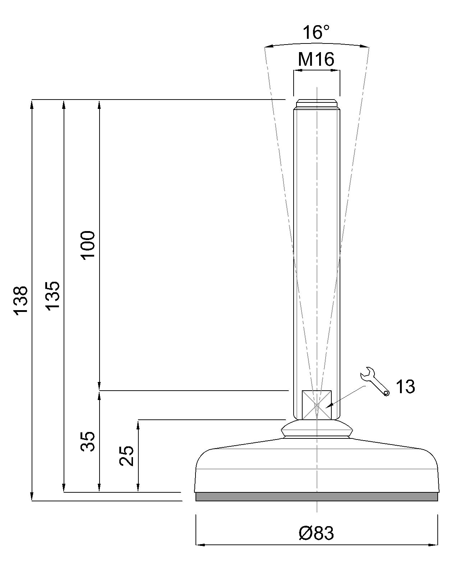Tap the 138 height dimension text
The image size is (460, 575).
tap(20, 301)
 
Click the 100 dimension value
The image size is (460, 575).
tap(88, 245)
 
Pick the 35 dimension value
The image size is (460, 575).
tap(88, 441)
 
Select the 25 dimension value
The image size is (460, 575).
tap(126, 456)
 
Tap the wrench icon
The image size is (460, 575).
tap(374, 382)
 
